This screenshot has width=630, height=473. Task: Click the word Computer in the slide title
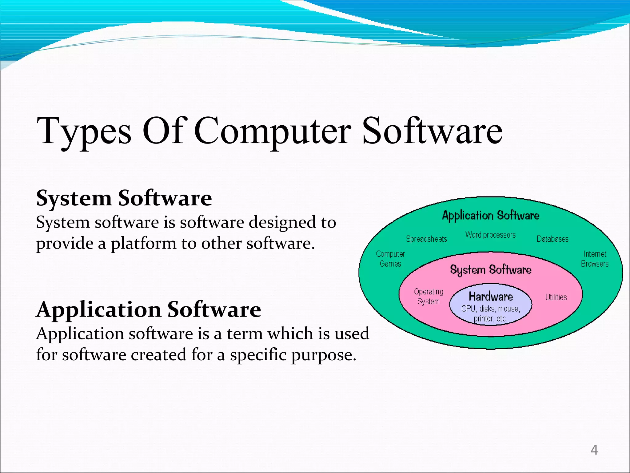(272, 132)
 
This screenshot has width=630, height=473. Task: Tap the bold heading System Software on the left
(124, 198)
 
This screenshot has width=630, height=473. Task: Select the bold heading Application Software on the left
(149, 309)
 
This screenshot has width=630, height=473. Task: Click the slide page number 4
(594, 450)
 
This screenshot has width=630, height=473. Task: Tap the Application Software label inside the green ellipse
(491, 215)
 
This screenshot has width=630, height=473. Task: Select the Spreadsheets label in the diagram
(426, 239)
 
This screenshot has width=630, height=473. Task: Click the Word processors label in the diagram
(490, 235)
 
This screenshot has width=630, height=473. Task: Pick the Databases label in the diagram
(552, 239)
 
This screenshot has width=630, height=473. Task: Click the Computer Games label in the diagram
(390, 259)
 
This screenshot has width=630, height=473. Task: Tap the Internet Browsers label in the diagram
(595, 259)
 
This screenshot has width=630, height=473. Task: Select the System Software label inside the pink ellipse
(491, 270)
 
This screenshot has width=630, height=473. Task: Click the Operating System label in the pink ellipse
(429, 296)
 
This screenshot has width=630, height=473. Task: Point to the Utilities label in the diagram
(556, 297)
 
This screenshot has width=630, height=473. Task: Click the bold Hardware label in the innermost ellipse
(491, 297)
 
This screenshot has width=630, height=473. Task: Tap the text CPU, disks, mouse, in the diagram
(491, 309)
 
